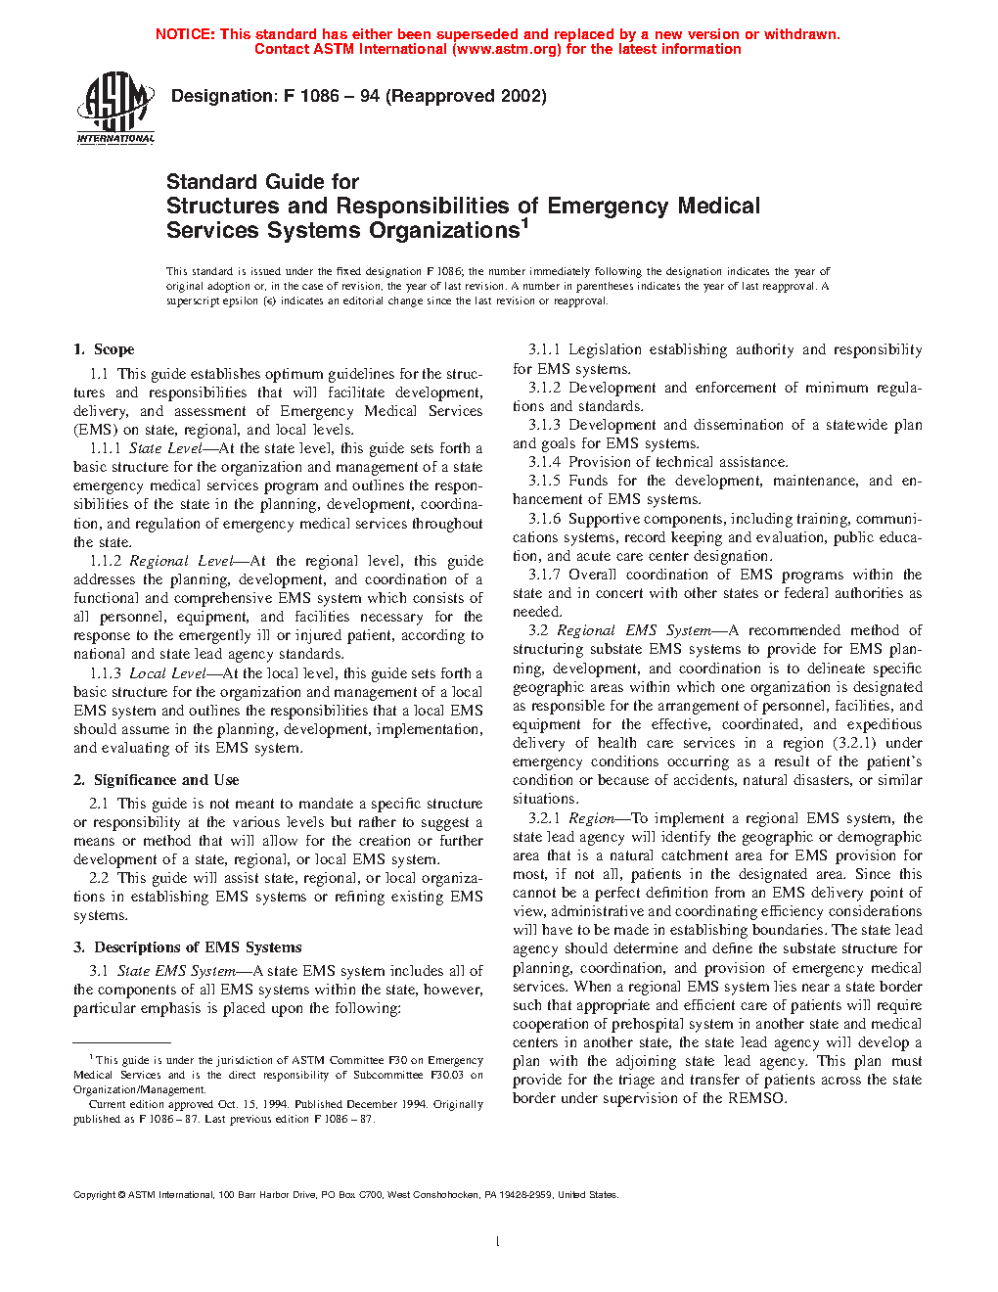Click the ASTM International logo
coord(115,107)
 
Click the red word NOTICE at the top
coord(184,34)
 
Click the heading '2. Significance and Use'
coord(157,780)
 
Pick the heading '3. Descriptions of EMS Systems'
coord(188,947)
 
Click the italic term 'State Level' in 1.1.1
coord(165,448)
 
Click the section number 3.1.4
coord(545,462)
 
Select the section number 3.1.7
coord(545,575)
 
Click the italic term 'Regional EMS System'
coord(640,630)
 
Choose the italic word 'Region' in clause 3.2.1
coord(591,818)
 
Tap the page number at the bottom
coord(498,1242)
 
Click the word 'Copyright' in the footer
coord(95,1195)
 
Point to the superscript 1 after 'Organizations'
coord(524,223)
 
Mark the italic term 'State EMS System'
coord(176,971)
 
